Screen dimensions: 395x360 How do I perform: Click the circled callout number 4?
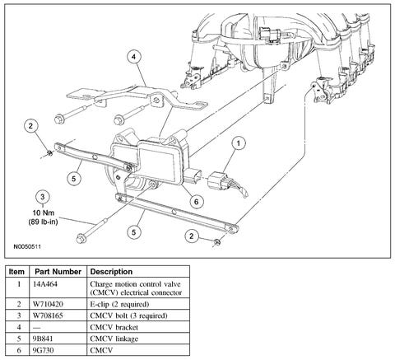(x=133, y=57)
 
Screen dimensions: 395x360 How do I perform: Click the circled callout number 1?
(x=239, y=143)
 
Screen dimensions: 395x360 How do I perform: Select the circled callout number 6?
(x=196, y=202)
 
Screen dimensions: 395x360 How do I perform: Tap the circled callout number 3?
(x=43, y=197)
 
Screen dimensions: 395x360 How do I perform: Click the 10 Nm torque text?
(x=44, y=213)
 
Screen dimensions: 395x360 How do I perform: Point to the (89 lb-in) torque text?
(x=43, y=222)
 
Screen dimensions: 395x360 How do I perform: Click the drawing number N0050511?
(x=27, y=246)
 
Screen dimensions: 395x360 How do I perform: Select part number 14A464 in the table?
(x=45, y=284)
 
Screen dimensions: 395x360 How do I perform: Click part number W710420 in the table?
(x=48, y=304)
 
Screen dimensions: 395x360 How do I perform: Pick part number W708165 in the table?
(x=48, y=316)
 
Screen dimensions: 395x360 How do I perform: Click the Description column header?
(x=111, y=272)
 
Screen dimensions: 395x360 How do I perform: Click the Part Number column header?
(x=58, y=272)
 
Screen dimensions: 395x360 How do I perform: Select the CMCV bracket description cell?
(x=114, y=327)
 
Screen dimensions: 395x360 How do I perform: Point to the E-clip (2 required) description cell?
(x=119, y=304)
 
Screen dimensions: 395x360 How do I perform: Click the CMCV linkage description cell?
(x=114, y=339)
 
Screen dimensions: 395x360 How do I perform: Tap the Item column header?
(x=16, y=272)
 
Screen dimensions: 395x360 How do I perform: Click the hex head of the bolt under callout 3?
(x=81, y=238)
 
